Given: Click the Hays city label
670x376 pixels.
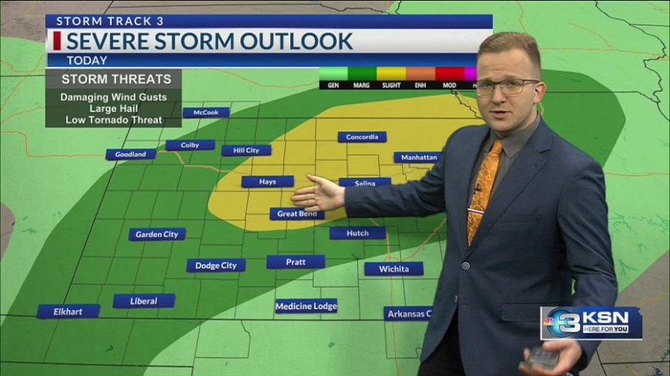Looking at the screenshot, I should tap(267, 182).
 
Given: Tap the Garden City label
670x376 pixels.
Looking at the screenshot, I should tap(157, 234).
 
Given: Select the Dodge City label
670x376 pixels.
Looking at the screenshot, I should tap(216, 265).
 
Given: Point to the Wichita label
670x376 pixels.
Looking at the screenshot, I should tap(394, 268).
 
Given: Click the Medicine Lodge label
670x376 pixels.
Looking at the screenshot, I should tap(307, 306).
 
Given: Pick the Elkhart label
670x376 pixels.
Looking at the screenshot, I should tap(69, 311).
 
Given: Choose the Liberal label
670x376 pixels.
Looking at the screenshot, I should tap(144, 301).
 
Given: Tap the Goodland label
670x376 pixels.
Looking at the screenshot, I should tap(131, 154).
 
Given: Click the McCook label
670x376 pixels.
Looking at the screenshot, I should tap(206, 112).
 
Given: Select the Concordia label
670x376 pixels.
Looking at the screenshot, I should tap(362, 137).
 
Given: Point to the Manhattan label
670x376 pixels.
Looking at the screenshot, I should tap(419, 157).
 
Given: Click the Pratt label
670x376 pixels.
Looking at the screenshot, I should tap(296, 261).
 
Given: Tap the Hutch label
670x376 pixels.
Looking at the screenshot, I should tap(357, 232).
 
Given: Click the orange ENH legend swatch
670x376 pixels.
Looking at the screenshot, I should tap(420, 74).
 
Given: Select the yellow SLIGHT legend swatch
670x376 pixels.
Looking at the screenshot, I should tap(390, 74).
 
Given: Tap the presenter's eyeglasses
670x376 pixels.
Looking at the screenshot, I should tap(506, 85).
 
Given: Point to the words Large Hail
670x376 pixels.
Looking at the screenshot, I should tap(113, 109).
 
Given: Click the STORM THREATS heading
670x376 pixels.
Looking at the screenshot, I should tap(113, 78).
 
